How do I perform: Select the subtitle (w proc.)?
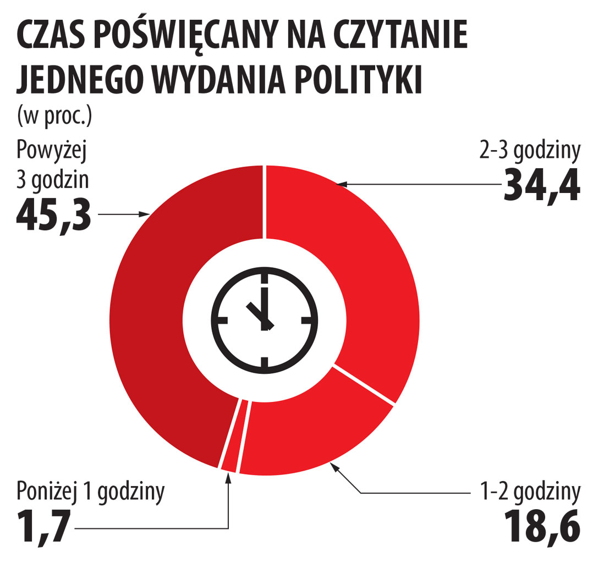pyautogui.click(x=54, y=117)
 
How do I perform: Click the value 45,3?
pyautogui.click(x=53, y=215)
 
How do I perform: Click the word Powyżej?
pyautogui.click(x=52, y=150)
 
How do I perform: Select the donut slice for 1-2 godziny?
pyautogui.click(x=308, y=434)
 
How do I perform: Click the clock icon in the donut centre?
pyautogui.click(x=265, y=319)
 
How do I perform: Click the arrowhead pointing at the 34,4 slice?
pyautogui.click(x=341, y=184)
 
